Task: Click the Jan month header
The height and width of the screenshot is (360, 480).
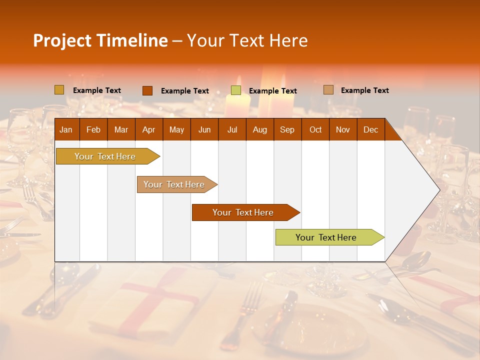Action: coord(66,130)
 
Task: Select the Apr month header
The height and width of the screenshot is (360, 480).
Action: coord(148,130)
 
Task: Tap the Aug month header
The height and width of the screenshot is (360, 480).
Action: coord(259,130)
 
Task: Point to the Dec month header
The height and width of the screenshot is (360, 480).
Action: coord(370,130)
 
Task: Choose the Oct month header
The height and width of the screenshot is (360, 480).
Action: coord(315,130)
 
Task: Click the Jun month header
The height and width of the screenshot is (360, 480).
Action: coord(204,130)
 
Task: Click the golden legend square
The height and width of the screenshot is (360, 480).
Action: coord(59,90)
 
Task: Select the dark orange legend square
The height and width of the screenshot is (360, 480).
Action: coord(147,90)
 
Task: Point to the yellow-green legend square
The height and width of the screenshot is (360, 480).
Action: coord(235,90)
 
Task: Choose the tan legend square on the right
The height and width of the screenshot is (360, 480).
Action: coord(328,90)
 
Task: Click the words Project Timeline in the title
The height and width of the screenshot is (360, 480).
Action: coord(100,40)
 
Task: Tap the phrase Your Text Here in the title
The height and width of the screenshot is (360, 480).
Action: coord(247,40)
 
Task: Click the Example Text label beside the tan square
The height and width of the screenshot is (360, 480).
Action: coord(364,90)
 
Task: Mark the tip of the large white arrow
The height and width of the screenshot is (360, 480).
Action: coord(439,189)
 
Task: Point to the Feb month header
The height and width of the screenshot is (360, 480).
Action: coord(93,130)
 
